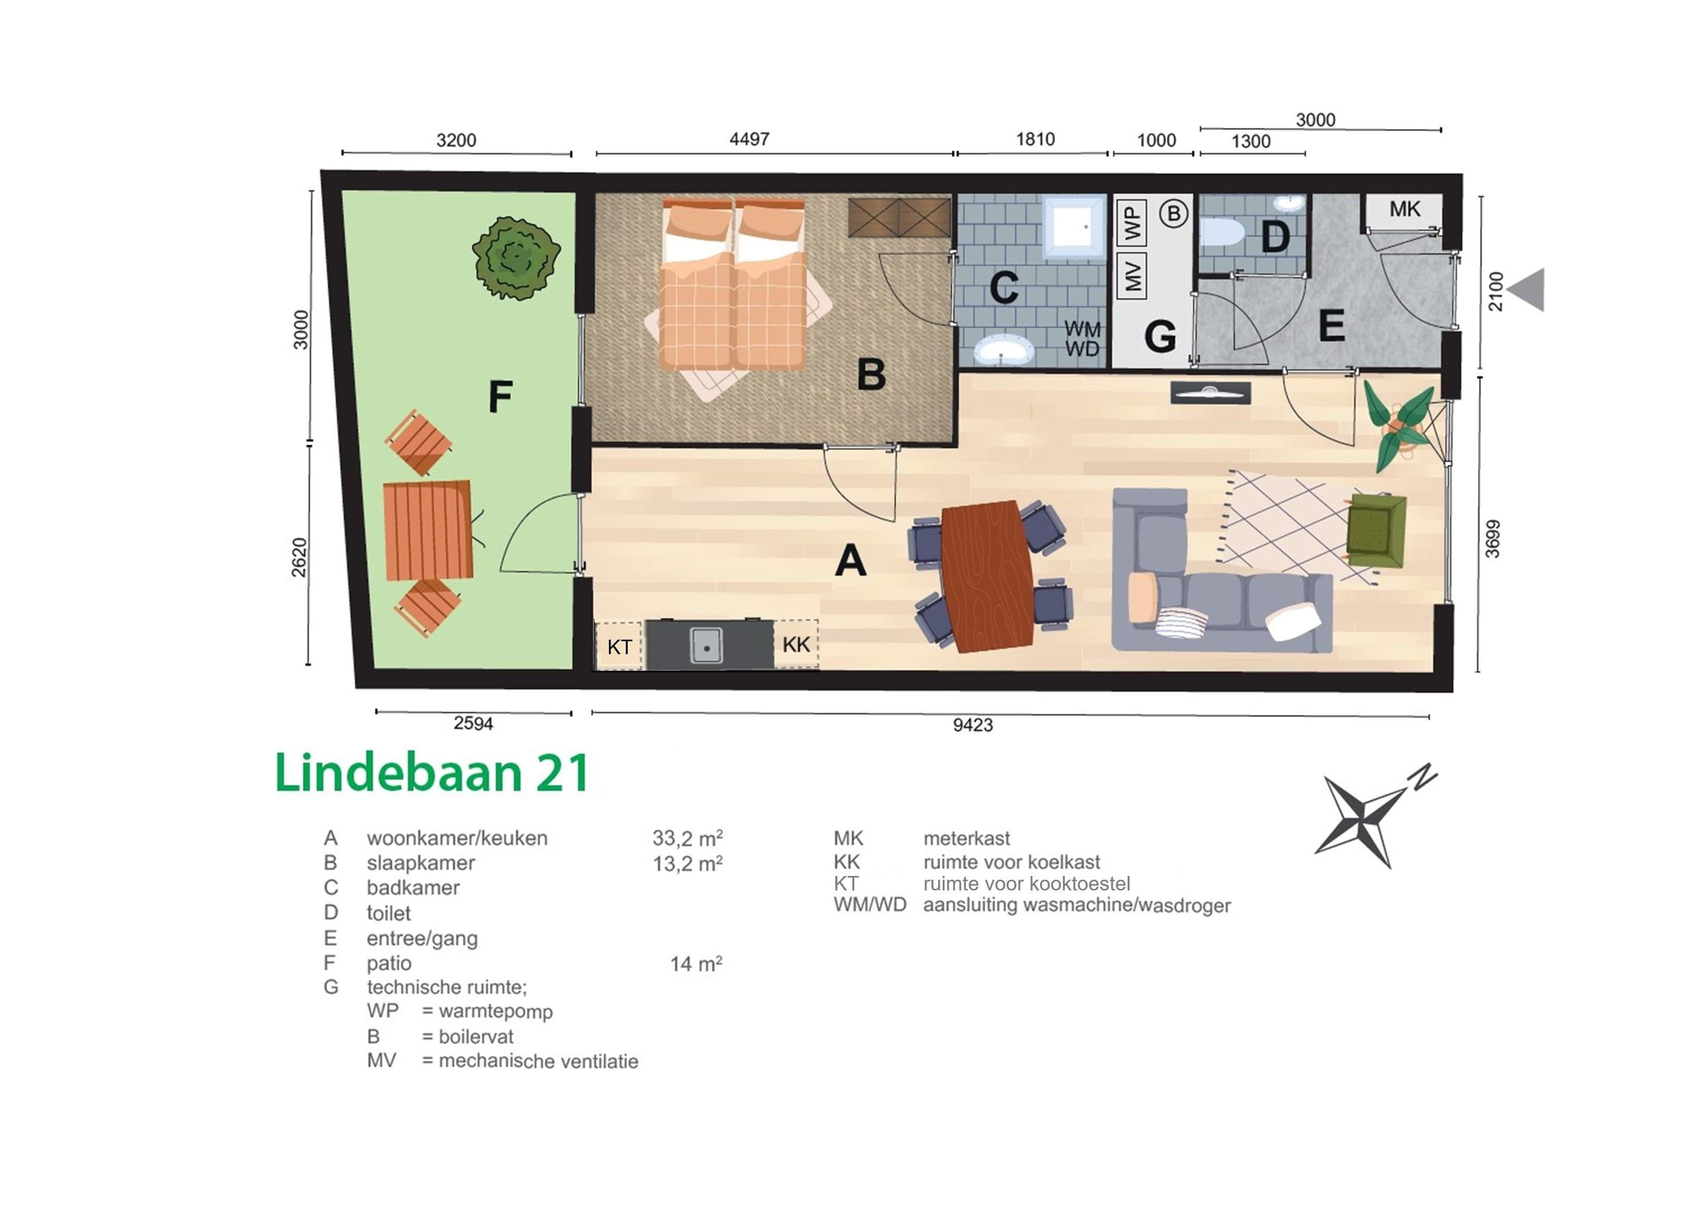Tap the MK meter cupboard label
pos(1404,209)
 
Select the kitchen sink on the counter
pos(706,644)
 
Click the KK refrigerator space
pos(796,644)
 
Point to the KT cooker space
pos(619,646)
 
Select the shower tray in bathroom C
pos(1073,227)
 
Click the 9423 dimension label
pos(972,725)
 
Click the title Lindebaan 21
pos(433,773)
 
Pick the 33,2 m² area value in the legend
pos(687,838)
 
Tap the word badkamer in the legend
pos(413,887)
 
